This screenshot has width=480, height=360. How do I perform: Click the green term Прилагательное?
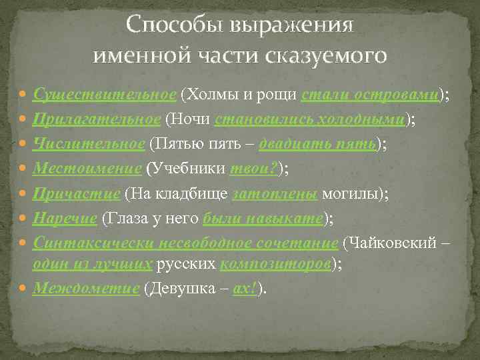coord(97,119)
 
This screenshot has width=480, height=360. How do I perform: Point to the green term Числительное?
coord(89,144)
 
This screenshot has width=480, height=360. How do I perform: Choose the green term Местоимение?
coord(87,169)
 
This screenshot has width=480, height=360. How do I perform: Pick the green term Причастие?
coord(77,193)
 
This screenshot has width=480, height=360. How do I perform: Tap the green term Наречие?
coord(66,218)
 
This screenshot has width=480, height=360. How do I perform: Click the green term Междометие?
coord(86,289)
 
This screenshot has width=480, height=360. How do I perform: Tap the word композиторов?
coord(275,264)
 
